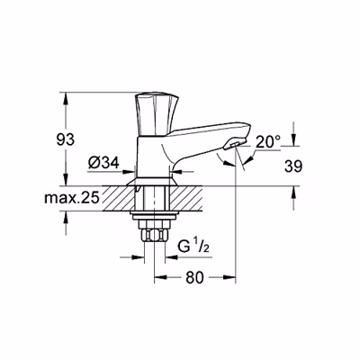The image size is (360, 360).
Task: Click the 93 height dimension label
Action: pyautogui.click(x=66, y=139)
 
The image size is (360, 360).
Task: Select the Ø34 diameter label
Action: pyautogui.click(x=103, y=163)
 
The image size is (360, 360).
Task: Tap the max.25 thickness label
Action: pyautogui.click(x=71, y=198)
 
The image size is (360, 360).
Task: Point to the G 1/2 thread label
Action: pyautogui.click(x=193, y=247)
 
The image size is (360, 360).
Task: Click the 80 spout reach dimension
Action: pyautogui.click(x=194, y=277)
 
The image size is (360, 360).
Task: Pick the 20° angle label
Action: pyautogui.click(x=268, y=141)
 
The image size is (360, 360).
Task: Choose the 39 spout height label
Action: pyautogui.click(x=293, y=166)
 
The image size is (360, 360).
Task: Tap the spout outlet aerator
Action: pyautogui.click(x=232, y=146)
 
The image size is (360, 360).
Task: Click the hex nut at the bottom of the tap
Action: pyautogui.click(x=154, y=234)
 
